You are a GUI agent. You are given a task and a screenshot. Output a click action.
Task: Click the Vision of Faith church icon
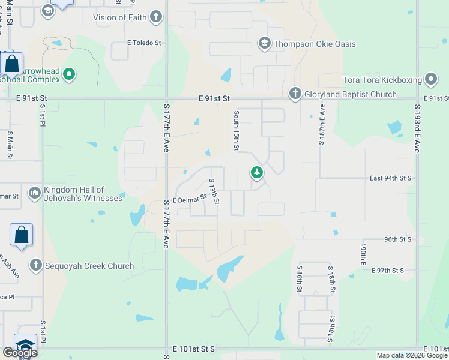[x=156, y=17]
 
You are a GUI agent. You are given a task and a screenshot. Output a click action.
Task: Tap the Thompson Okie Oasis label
[x=315, y=44]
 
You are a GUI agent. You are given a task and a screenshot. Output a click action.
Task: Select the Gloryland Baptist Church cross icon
[x=295, y=94]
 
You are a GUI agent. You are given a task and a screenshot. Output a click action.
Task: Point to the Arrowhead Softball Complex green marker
[x=69, y=74]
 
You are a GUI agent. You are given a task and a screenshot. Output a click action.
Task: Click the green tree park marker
[x=257, y=173]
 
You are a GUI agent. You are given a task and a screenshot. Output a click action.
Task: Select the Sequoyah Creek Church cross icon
[x=35, y=265]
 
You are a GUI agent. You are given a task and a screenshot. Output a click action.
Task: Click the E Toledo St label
[x=144, y=43]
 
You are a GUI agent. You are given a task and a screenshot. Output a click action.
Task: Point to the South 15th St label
[x=237, y=130]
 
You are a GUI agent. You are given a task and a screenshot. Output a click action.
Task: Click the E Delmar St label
[x=189, y=199]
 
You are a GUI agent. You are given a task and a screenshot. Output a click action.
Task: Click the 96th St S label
[x=397, y=239]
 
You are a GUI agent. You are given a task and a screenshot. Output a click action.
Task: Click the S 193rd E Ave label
[x=416, y=127]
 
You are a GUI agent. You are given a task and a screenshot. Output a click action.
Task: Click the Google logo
[x=20, y=352]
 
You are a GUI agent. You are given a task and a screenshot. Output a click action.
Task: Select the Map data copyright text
[x=411, y=355]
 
